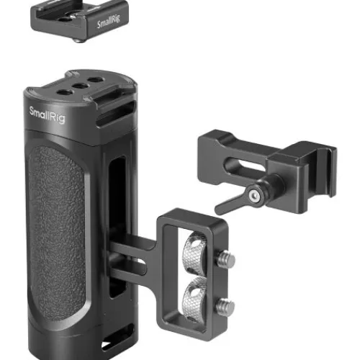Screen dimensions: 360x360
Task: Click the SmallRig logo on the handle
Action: pos(47,115)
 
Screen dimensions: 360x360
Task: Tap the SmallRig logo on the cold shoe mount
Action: pos(109,21)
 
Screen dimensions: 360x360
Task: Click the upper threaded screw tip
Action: pos(226,259)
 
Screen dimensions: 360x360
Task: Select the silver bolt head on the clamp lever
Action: pos(254,196)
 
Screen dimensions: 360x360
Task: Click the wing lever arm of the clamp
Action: pos(230,204)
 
